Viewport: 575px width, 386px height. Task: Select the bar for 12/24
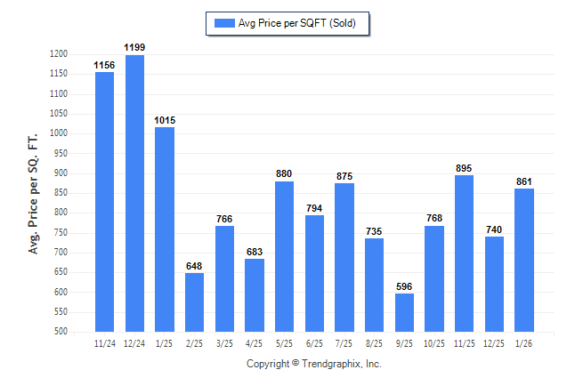(134, 193)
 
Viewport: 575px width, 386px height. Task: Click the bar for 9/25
(404, 312)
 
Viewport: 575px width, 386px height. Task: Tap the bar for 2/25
(194, 302)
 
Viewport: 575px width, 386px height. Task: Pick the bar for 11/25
(464, 253)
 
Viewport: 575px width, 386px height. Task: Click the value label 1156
(104, 66)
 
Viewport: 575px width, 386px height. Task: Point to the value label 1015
(165, 121)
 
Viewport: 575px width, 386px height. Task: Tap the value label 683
(255, 253)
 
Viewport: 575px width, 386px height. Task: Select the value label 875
(344, 176)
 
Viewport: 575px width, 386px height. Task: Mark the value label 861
(524, 181)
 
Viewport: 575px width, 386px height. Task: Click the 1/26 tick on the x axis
(524, 342)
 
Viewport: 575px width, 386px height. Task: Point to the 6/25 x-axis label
(314, 342)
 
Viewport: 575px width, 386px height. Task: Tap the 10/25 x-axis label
(434, 342)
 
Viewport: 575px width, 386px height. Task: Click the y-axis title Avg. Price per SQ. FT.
(34, 194)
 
